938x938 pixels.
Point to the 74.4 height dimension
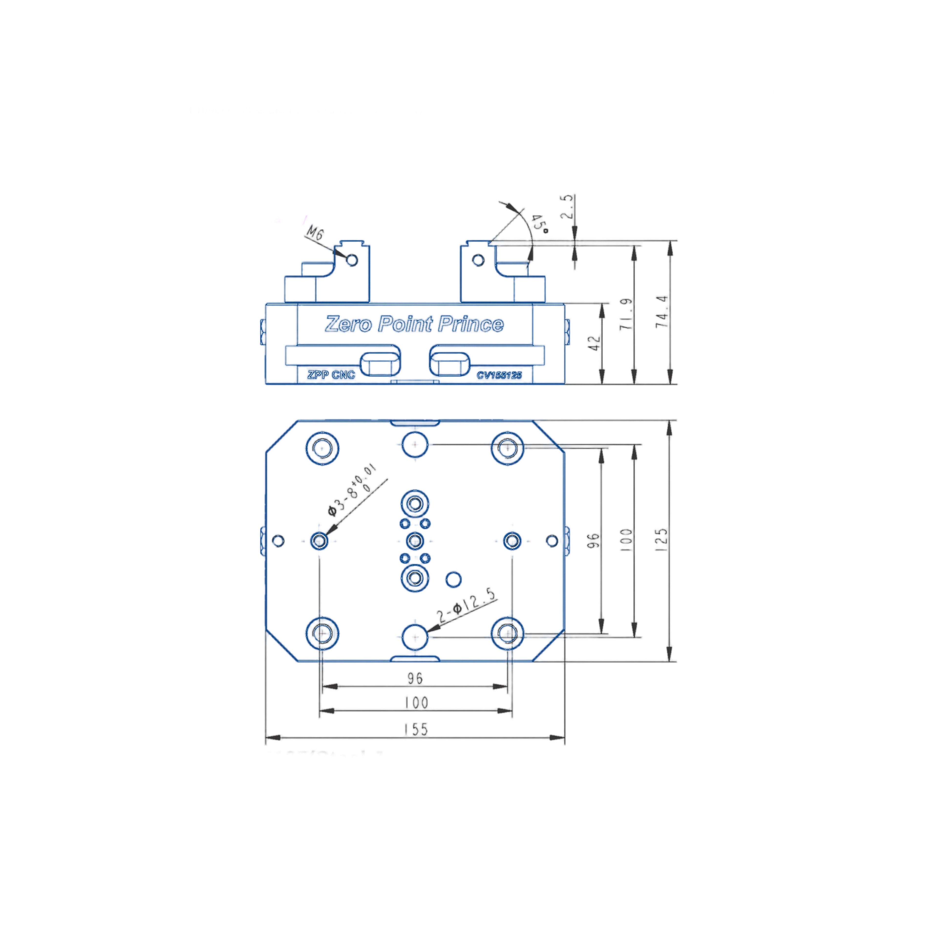pos(662,312)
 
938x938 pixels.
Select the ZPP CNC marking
pos(331,375)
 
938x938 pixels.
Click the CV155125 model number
pos(499,375)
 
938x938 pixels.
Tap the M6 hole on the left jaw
pos(352,260)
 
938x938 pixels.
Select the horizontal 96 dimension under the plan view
pos(415,678)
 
